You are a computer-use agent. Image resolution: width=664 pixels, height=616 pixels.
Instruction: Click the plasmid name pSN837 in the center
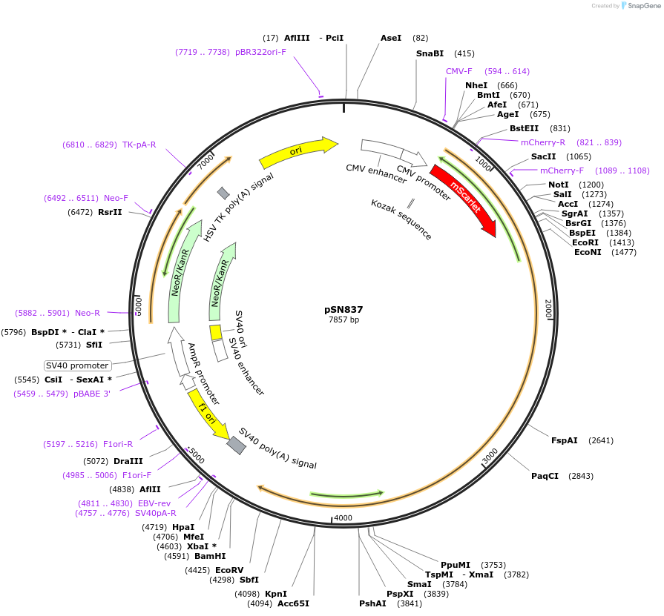(x=343, y=310)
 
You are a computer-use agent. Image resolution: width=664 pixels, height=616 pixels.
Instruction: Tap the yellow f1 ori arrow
(x=208, y=416)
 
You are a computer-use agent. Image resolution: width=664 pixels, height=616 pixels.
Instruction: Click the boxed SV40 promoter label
(x=78, y=365)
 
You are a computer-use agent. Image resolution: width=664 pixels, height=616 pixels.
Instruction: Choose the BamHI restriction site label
(x=211, y=556)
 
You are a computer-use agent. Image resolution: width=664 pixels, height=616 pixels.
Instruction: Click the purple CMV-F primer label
(x=458, y=71)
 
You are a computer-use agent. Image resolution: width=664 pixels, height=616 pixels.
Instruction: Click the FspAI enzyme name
(x=564, y=440)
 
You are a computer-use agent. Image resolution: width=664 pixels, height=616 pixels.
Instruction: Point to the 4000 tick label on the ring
(x=342, y=517)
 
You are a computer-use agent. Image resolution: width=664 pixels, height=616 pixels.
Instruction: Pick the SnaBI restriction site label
(x=430, y=53)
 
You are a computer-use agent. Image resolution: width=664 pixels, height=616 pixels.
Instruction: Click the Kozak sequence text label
(x=401, y=219)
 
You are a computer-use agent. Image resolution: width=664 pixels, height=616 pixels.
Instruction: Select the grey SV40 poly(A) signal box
(x=236, y=445)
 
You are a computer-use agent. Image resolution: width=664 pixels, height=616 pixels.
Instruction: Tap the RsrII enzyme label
(x=110, y=212)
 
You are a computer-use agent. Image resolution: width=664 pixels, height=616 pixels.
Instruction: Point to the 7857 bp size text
(x=343, y=320)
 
